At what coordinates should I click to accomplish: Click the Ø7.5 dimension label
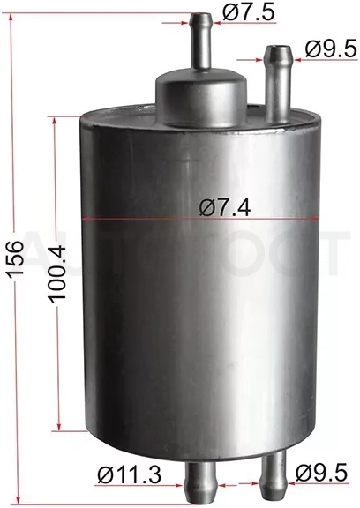tap(249, 13)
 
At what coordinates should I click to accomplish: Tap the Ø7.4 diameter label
tap(225, 207)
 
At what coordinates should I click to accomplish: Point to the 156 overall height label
tap(16, 258)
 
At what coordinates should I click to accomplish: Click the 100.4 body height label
tap(58, 273)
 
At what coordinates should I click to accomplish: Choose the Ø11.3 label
tap(129, 475)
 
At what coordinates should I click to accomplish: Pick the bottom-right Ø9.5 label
tap(321, 474)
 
